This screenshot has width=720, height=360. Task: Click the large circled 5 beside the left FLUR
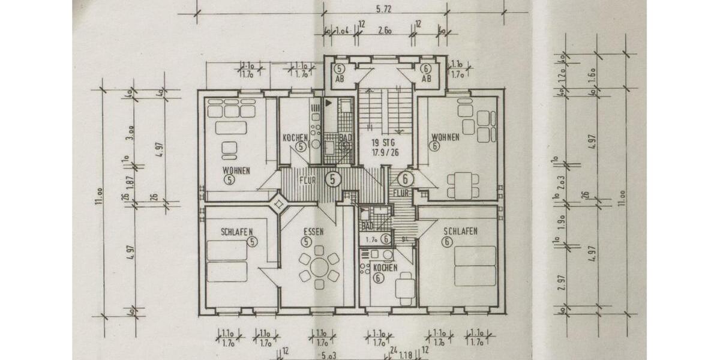coord(334,179)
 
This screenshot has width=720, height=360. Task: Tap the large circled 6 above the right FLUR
coord(406,178)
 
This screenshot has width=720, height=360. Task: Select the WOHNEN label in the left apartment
coord(235,169)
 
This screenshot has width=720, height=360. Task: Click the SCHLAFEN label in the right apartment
coord(460,232)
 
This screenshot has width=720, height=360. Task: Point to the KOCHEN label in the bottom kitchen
coord(385,268)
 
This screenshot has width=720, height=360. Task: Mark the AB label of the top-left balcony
coord(340,79)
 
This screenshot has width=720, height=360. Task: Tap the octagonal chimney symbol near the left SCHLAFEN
coord(279,204)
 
